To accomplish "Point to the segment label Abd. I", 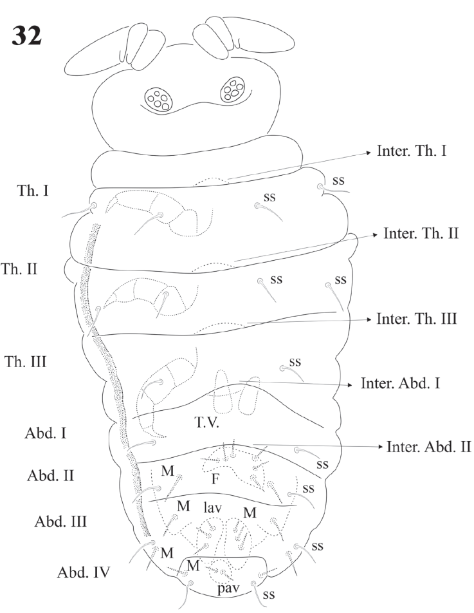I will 40,433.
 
